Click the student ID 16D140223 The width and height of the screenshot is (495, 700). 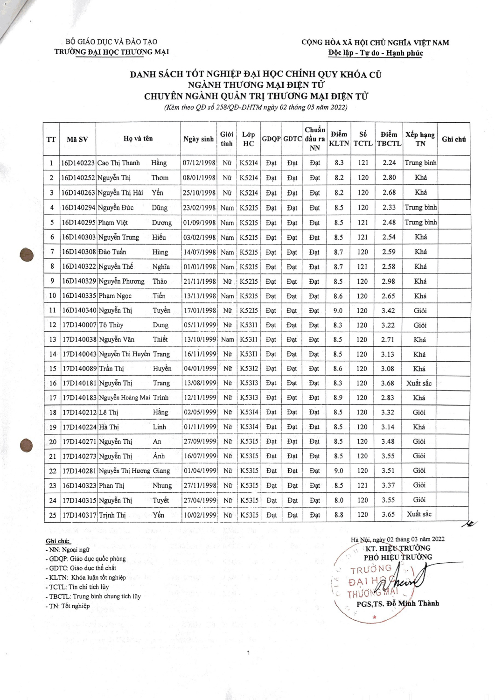pyautogui.click(x=78, y=163)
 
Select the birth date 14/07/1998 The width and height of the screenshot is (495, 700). pyautogui.click(x=199, y=252)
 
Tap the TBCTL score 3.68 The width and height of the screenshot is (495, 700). pyautogui.click(x=388, y=383)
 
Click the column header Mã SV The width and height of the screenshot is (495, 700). pyautogui.click(x=77, y=139)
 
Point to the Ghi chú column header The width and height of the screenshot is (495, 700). pyautogui.click(x=453, y=139)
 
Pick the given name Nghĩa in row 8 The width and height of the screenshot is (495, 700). pyautogui.click(x=161, y=267)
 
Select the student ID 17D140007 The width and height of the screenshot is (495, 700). pyautogui.click(x=79, y=325)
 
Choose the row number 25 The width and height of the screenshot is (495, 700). pyautogui.click(x=53, y=515)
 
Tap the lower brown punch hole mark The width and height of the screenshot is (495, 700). pyautogui.click(x=26, y=445)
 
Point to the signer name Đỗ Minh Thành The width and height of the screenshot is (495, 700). pyautogui.click(x=411, y=603)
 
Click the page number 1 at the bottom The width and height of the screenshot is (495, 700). pyautogui.click(x=248, y=652)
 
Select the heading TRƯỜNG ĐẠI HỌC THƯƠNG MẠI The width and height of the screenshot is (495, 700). pyautogui.click(x=112, y=52)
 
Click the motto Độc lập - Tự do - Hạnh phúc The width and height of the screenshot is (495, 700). pyautogui.click(x=376, y=53)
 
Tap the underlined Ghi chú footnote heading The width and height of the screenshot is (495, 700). pyautogui.click(x=58, y=541)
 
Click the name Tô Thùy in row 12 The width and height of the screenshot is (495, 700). pyautogui.click(x=111, y=325)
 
